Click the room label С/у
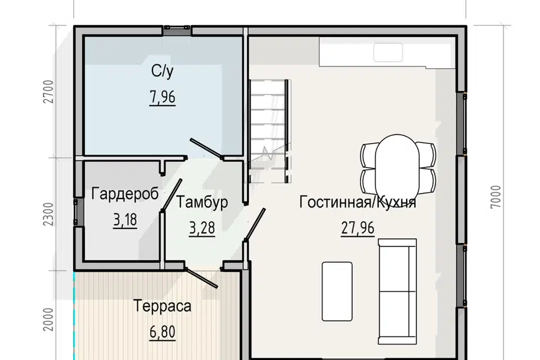[162, 71]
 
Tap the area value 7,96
[162, 97]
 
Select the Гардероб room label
[125, 193]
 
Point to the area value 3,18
[125, 220]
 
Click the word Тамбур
[202, 202]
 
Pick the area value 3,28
[202, 228]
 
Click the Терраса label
[162, 306]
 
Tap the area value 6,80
[162, 332]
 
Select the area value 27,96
[358, 228]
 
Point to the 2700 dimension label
[49, 91]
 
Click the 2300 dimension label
[49, 214]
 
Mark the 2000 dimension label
[49, 319]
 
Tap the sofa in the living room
[398, 291]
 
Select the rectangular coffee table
[337, 291]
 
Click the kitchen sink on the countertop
[388, 52]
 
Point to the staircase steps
[268, 131]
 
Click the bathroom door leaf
[206, 148]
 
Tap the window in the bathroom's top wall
[177, 30]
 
